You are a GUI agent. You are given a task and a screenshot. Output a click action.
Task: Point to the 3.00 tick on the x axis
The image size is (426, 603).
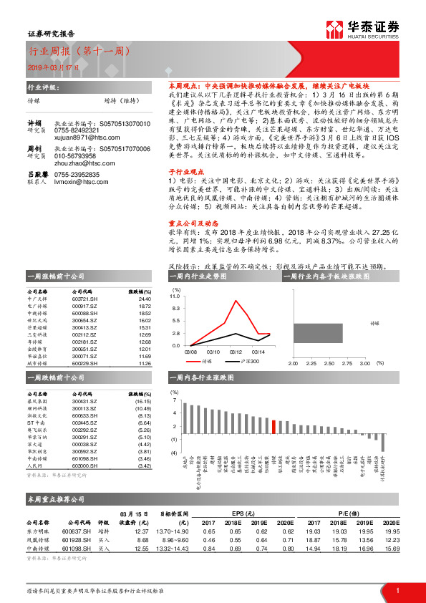(365, 365)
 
